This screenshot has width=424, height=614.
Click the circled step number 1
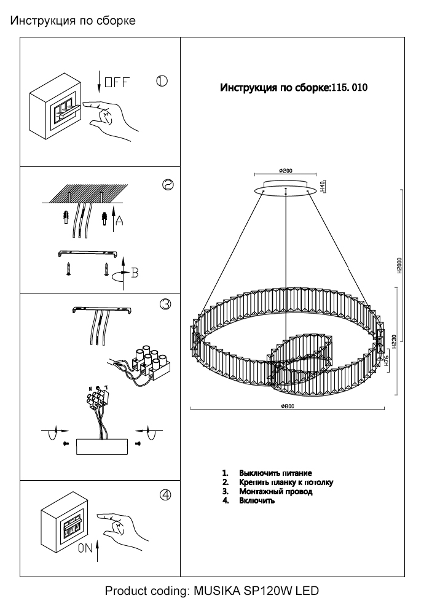pyautogui.click(x=162, y=82)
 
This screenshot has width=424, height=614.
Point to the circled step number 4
pyautogui.click(x=165, y=496)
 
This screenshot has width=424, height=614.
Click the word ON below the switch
pyautogui.click(x=86, y=550)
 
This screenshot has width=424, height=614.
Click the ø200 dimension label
pyautogui.click(x=285, y=171)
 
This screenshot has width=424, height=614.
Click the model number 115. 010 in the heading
pyautogui.click(x=349, y=88)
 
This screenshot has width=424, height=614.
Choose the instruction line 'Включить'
pyautogui.click(x=257, y=500)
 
